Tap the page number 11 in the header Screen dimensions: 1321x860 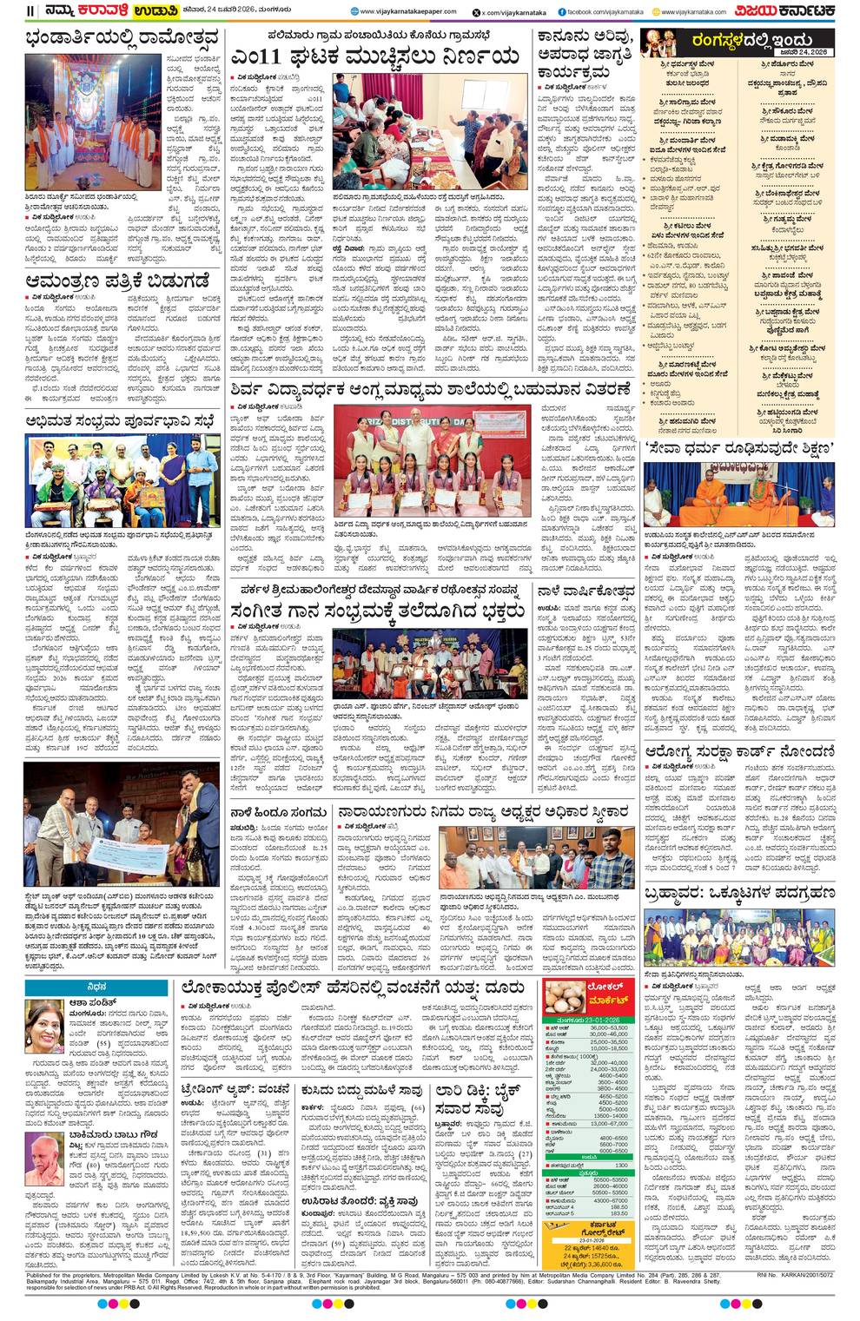[30, 11]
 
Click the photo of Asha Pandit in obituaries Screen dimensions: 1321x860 [44, 1020]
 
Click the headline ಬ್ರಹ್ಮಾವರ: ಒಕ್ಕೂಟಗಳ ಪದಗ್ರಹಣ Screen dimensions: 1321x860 [740, 892]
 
